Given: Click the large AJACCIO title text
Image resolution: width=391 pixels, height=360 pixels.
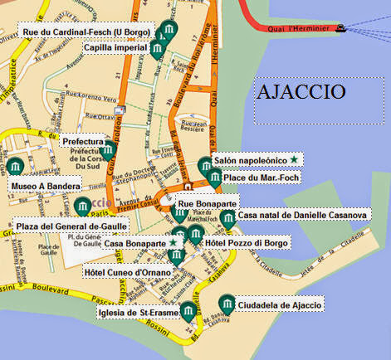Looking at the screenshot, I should click(301, 90).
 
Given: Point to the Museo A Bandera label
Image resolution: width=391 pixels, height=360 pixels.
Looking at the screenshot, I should click(45, 187).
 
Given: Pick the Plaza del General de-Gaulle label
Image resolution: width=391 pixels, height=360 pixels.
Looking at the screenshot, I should click(69, 225).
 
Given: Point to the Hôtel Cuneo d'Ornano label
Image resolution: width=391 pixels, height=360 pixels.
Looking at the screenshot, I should click(128, 271).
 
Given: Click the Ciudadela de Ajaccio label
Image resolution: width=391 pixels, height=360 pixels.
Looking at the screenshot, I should click(279, 305).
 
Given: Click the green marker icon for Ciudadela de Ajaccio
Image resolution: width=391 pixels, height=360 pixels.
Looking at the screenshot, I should click(225, 303).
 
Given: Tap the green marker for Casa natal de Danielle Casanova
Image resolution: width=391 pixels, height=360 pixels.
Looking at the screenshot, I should click(228, 217).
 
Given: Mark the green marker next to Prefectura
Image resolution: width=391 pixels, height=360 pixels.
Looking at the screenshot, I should click(108, 150).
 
